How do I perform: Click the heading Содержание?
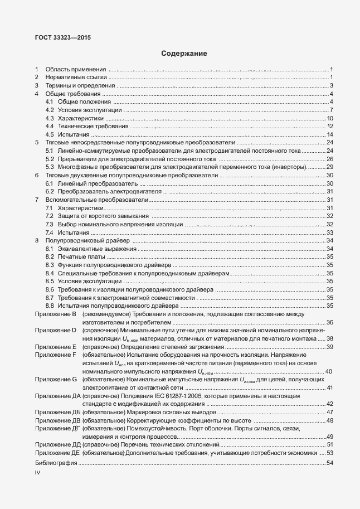pyautogui.click(x=184, y=54)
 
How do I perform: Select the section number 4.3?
pyautogui.click(x=50, y=118)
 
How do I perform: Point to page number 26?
pyautogui.click(x=329, y=159)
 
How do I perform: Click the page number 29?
pyautogui.click(x=329, y=167)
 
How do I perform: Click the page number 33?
pyautogui.click(x=329, y=232)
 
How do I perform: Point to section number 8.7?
pyautogui.click(x=50, y=297)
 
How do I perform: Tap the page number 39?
pyautogui.click(x=329, y=347)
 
